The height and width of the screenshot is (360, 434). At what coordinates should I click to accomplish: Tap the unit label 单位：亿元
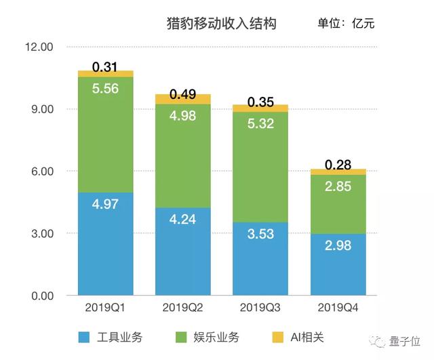point(346,24)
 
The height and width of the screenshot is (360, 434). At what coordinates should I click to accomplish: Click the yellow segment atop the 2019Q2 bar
point(182,99)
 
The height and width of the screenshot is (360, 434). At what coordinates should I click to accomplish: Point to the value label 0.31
point(105,66)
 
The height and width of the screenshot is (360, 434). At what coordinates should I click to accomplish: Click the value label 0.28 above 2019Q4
point(338,165)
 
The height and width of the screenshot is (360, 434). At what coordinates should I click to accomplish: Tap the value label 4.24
point(182,220)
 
